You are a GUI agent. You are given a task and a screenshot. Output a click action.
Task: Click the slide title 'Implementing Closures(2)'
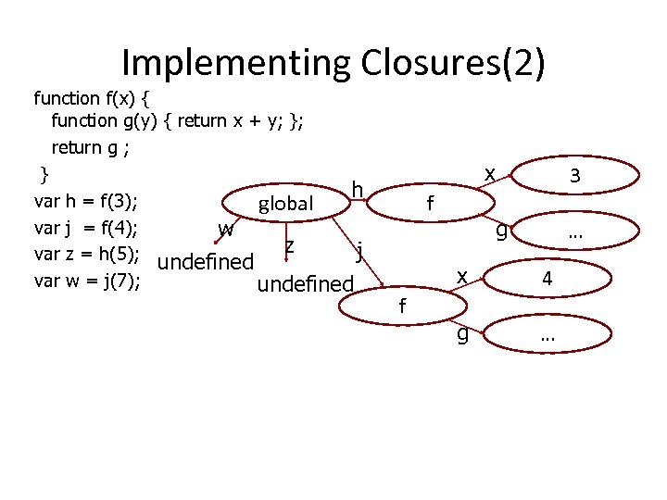333,63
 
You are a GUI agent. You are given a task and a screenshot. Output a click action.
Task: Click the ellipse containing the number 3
575,175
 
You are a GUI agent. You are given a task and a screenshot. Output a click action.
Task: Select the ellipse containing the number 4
547,278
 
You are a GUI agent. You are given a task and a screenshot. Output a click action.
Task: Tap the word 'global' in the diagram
286,204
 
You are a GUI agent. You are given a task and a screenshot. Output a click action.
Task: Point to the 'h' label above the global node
357,191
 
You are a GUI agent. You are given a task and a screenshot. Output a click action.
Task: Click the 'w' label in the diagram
225,228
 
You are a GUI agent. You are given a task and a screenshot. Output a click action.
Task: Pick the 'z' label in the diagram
290,245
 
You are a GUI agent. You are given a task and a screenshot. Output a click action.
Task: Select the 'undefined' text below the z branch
306,283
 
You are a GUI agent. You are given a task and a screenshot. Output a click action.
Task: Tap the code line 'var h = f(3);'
86,202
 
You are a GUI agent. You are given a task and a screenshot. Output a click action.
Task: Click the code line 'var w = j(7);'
86,281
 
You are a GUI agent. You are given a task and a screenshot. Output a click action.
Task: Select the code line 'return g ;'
90,146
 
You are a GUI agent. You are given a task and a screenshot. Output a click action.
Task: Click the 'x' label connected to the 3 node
489,173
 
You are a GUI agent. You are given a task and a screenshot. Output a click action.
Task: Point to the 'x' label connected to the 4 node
460,275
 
